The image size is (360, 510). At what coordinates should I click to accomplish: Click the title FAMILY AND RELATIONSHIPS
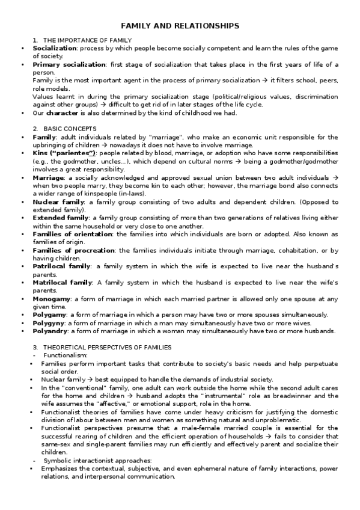[x=180, y=26]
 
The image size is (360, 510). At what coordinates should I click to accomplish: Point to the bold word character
[x=63, y=112]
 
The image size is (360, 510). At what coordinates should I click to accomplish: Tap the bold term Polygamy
[x=50, y=315]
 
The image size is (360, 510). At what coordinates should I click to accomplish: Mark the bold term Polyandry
[x=50, y=331]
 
